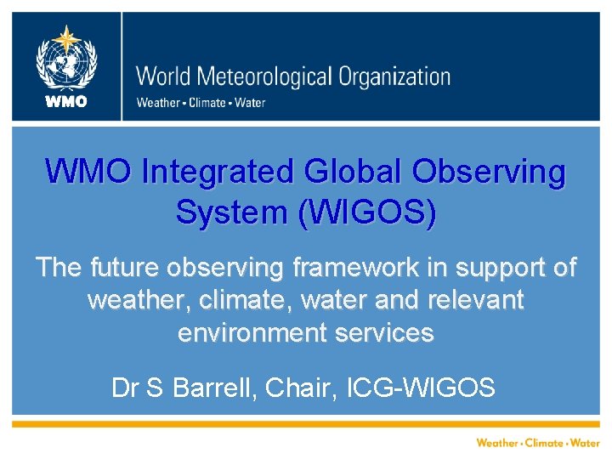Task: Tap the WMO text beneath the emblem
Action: [66, 102]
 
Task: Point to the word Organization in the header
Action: [394, 76]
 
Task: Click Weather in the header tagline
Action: [157, 103]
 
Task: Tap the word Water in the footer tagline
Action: [585, 443]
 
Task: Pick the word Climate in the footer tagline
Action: [544, 443]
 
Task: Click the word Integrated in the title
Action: [216, 173]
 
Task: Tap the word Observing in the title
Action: [490, 173]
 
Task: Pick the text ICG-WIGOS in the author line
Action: [422, 388]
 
